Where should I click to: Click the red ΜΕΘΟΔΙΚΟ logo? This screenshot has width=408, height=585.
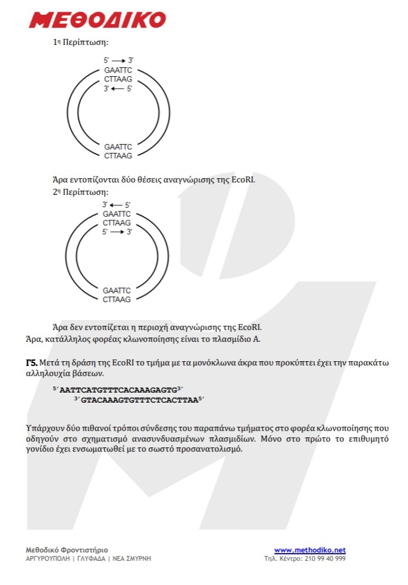tap(97, 19)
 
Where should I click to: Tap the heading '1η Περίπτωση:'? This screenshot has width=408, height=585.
tap(80, 43)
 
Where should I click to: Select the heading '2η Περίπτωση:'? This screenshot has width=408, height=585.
tap(80, 192)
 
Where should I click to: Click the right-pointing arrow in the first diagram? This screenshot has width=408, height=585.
tap(118, 60)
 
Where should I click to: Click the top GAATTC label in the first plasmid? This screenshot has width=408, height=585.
tap(118, 70)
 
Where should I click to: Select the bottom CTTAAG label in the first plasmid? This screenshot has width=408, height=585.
tap(118, 156)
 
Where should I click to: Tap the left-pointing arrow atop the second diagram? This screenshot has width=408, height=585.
tap(116, 205)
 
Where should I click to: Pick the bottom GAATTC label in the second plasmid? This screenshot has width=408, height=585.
tap(116, 290)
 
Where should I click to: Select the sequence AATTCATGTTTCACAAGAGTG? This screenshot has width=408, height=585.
tap(118, 390)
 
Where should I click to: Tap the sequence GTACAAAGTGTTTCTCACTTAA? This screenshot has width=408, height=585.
tap(138, 400)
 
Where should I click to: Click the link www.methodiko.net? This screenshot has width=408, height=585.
tap(309, 550)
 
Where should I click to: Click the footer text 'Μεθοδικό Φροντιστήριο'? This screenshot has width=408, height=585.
tap(67, 550)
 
